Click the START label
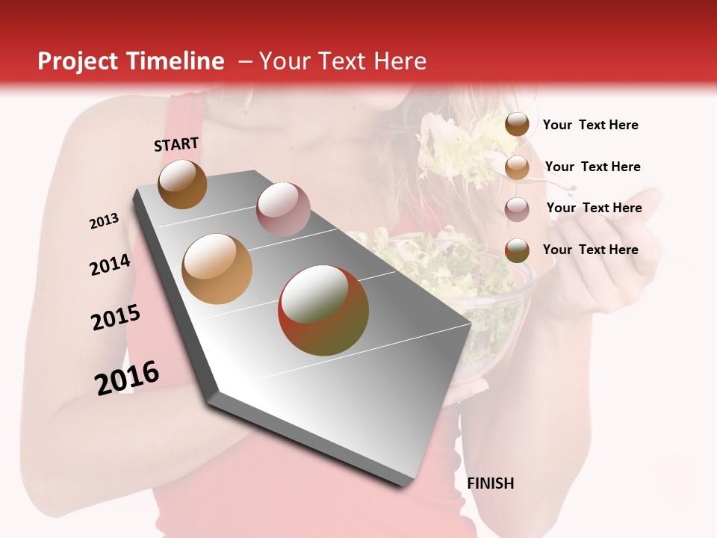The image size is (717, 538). click(176, 144)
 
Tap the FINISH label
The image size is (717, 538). click(490, 483)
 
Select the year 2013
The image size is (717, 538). click(104, 221)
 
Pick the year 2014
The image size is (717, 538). click(110, 265)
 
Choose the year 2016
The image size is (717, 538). click(127, 378)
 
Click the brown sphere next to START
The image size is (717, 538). click(182, 184)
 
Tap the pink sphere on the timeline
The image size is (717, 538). click(283, 208)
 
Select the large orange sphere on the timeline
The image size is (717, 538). click(217, 269)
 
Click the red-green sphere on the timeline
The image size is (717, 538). click(323, 310)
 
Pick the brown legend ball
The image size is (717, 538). click(517, 125)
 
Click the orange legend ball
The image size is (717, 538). click(517, 167)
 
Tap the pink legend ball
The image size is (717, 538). click(517, 209)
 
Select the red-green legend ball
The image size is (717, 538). click(517, 250)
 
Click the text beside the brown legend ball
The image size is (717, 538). click(590, 125)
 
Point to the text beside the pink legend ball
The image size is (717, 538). click(594, 208)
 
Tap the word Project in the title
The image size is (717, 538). click(78, 61)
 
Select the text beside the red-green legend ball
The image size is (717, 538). click(590, 250)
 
